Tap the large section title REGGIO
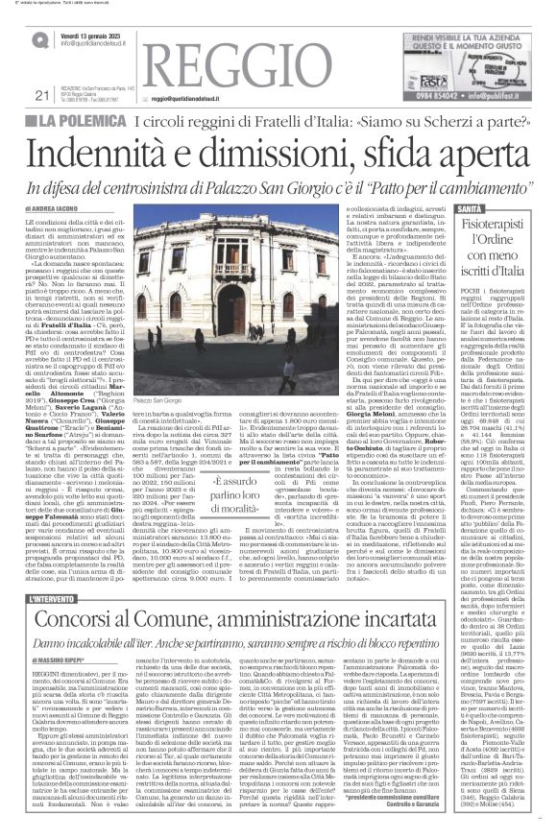[x=241, y=66]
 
